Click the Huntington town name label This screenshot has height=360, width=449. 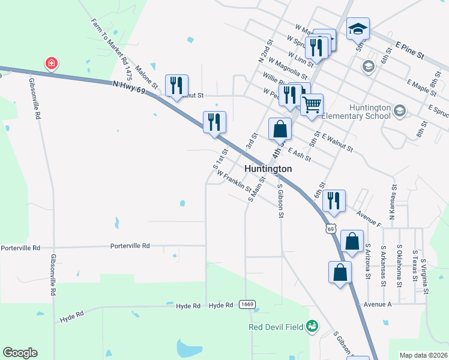tap(268, 169)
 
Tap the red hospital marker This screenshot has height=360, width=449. tap(52, 63)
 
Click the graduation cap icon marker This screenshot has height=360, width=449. tap(358, 28)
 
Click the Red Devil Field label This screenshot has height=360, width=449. tap(277, 327)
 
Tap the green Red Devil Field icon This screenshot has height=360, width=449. tap(312, 326)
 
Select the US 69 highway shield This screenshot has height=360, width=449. tap(330, 229)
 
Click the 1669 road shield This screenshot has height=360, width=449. tap(247, 305)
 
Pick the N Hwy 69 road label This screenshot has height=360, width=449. tap(130, 88)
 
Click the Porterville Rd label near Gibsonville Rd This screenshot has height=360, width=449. tap(20, 248)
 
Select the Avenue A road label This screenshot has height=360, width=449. tap(377, 304)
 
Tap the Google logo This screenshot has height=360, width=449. tap(20, 353)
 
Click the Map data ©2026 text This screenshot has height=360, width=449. tap(423, 355)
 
